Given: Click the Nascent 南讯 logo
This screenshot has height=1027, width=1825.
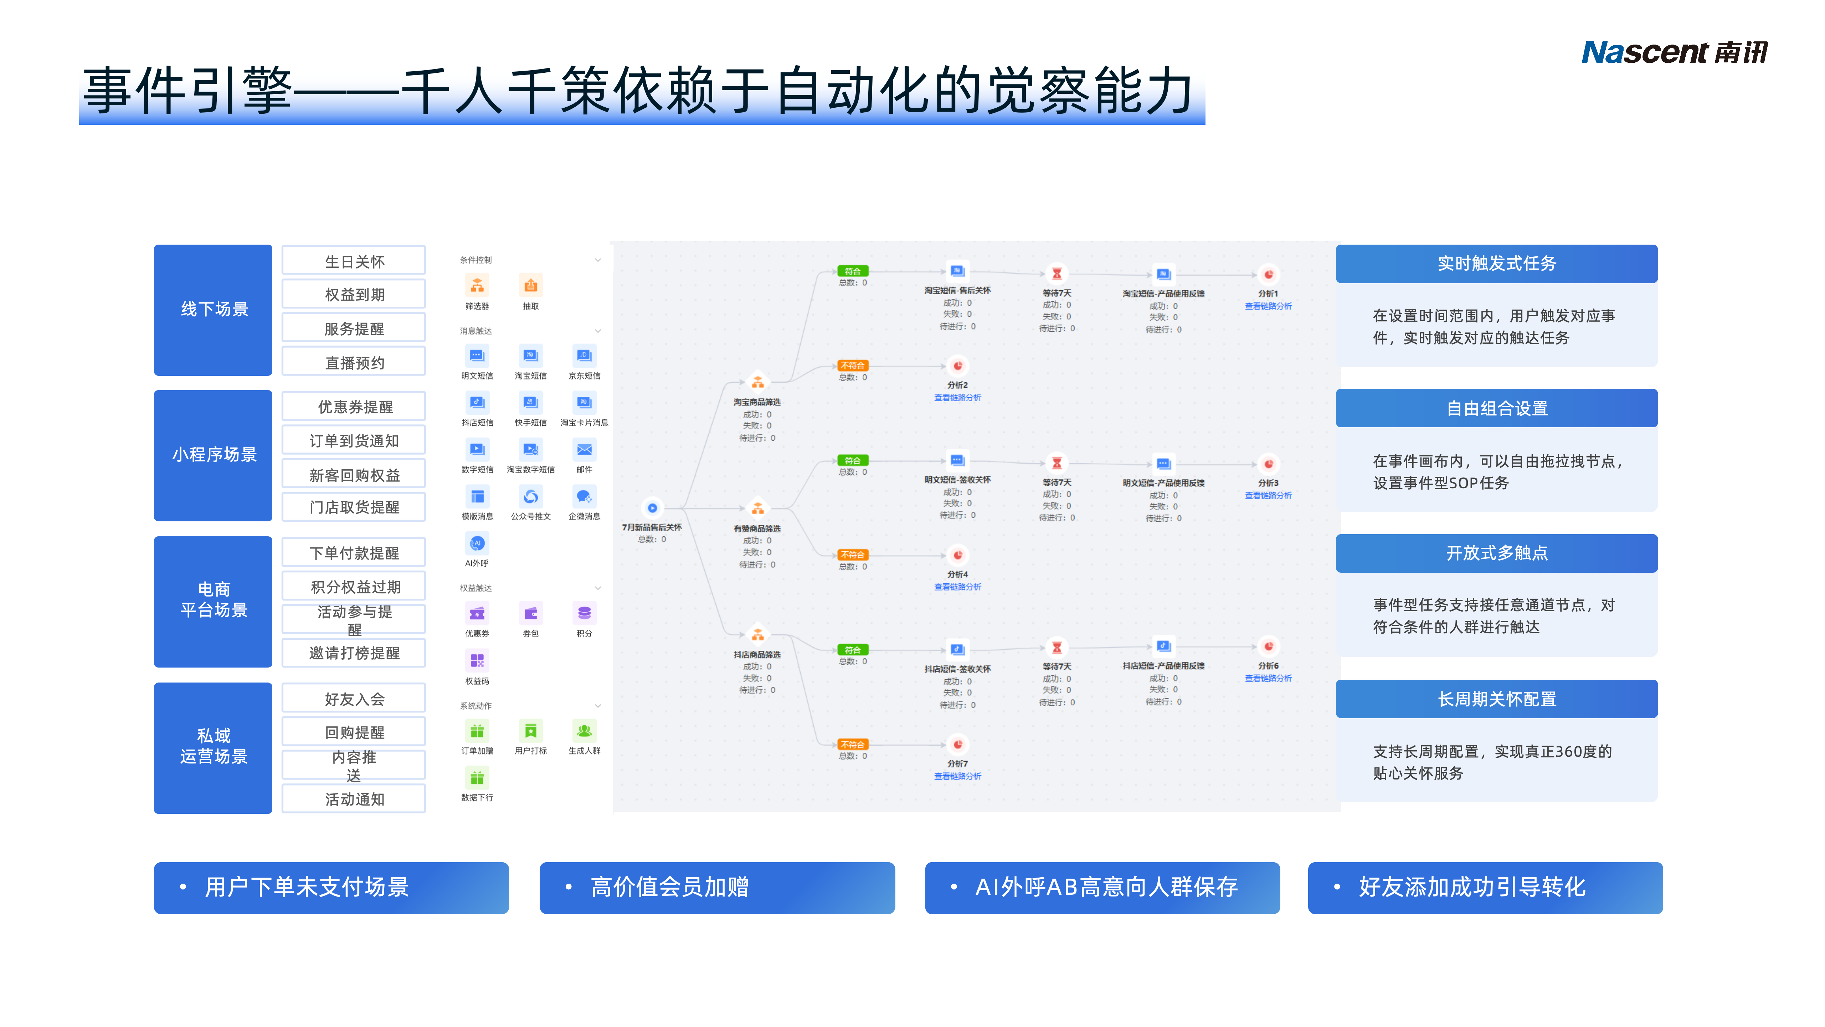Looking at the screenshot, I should point(1674,52).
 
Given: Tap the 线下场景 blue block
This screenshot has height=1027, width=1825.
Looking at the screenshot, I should point(213,310).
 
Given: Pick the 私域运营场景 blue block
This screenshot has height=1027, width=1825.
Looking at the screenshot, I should point(213,747).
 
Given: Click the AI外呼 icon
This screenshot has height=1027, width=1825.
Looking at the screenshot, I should point(477,543).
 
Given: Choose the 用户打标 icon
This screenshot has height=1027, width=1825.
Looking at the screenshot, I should point(531,731).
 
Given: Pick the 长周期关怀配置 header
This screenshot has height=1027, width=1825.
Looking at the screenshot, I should point(1496,699).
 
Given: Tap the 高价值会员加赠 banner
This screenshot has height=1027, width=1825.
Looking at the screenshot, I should point(717,887).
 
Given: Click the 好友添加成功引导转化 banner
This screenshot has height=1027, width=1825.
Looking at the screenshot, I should point(1485,887).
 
